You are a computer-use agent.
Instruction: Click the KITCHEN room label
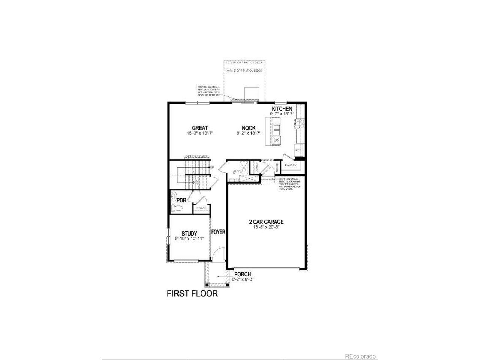[282, 109]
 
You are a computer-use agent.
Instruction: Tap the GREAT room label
[200, 128]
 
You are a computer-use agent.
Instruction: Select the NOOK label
[249, 128]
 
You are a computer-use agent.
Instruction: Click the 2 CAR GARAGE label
[266, 222]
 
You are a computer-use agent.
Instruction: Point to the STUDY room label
[189, 234]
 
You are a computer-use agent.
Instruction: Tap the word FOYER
[218, 232]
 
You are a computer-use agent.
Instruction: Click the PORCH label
[242, 274]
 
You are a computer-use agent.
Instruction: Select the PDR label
[181, 200]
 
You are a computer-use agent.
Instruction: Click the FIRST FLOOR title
[192, 293]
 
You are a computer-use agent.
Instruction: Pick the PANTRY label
[291, 165]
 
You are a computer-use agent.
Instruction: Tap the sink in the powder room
[174, 196]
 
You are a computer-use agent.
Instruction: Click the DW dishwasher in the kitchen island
[276, 140]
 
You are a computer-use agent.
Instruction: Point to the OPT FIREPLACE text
[196, 156]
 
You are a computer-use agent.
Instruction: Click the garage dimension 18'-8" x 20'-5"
[266, 227]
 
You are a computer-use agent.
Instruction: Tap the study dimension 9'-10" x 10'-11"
[190, 238]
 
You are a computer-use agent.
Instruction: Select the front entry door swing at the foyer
[217, 257]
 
